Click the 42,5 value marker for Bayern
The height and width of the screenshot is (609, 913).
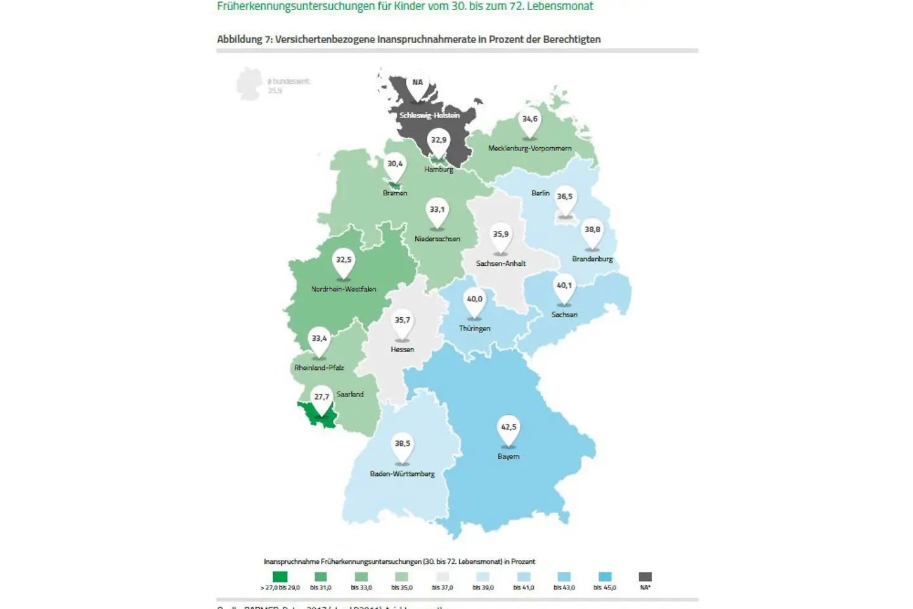[508, 428]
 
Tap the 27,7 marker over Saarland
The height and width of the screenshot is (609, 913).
[321, 398]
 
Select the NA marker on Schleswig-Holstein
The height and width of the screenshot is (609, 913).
[417, 83]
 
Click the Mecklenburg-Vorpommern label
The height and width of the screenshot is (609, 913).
[529, 148]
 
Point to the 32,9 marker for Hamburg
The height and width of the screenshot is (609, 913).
[439, 141]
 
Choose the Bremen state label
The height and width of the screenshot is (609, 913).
[394, 193]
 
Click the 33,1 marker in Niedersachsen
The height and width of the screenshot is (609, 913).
[437, 211]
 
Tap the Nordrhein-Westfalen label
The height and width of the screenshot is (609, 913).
[344, 289]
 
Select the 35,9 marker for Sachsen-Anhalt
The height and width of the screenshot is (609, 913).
[500, 235]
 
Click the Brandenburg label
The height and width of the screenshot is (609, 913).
[592, 259]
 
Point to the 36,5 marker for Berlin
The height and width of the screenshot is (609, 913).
[564, 197]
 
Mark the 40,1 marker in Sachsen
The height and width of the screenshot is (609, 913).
[564, 286]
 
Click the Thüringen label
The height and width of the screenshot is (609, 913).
[474, 329]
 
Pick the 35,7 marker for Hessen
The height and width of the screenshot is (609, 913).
[402, 321]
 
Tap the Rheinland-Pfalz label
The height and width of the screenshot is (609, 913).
[319, 368]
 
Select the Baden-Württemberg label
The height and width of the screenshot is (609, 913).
[402, 474]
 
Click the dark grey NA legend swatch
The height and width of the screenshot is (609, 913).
[645, 577]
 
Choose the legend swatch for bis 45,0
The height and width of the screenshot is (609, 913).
[605, 577]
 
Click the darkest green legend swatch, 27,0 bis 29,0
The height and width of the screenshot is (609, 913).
[280, 577]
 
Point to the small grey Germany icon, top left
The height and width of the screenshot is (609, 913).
[249, 84]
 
